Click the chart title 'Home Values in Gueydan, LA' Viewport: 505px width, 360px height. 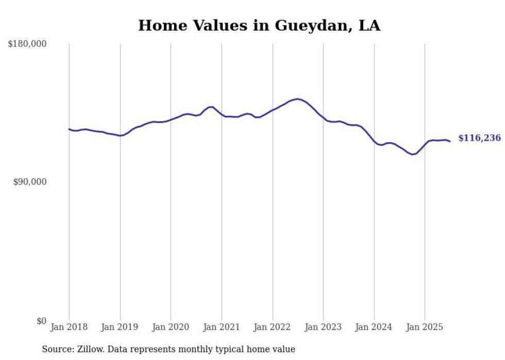point(259,25)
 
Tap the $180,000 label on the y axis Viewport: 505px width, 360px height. point(27,44)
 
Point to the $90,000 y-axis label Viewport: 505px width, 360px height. point(29,182)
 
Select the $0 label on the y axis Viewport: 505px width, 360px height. point(41,321)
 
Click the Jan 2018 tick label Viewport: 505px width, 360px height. point(69,327)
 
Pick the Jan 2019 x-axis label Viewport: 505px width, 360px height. point(120,327)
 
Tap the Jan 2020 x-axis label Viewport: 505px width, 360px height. point(171,327)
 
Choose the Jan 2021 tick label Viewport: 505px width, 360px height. point(222,327)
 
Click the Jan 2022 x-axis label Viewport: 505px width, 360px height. point(273,327)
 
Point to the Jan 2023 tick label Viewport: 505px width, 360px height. point(323,327)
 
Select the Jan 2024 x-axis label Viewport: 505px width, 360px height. point(374,327)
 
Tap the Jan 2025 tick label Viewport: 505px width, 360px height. point(425,327)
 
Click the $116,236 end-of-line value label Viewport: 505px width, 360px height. point(479,138)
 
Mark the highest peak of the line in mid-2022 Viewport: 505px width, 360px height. point(298,99)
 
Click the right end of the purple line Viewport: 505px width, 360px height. point(450,141)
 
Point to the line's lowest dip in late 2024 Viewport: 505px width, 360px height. point(412,155)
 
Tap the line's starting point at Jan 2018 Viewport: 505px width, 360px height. point(69,129)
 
